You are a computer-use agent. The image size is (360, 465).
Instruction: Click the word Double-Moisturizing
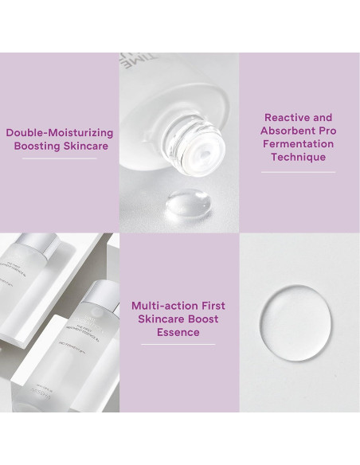tap(60, 133)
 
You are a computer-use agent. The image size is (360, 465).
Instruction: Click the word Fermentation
tap(299, 144)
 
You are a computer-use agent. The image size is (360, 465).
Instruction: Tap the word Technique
tap(299, 158)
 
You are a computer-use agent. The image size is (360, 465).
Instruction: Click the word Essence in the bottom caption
tap(178, 332)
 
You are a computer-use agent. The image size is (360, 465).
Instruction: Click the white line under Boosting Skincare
tap(60, 158)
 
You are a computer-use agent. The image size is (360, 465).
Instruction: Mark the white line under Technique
tap(299, 171)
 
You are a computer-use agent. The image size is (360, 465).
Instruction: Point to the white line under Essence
tap(178, 345)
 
